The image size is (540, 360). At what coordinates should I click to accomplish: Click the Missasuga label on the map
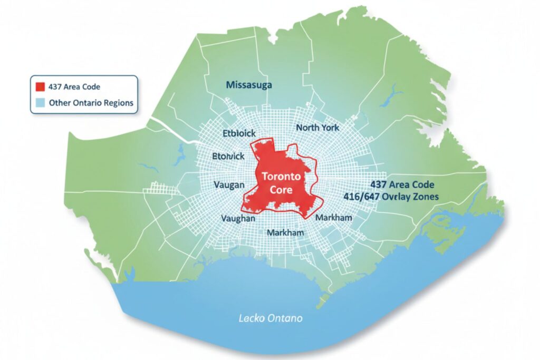(x=248, y=84)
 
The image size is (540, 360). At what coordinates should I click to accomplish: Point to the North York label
(x=317, y=128)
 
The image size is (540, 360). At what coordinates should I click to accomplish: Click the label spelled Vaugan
(x=229, y=184)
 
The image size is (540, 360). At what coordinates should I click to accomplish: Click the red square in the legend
(x=40, y=86)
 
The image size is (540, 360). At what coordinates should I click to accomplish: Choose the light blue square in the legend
(x=40, y=102)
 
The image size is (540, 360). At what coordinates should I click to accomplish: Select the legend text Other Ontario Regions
(x=91, y=103)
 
